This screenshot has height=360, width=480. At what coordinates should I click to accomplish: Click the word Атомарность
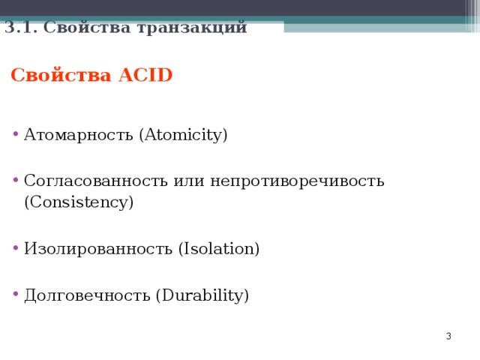(79, 136)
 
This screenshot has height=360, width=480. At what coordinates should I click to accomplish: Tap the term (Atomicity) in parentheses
(183, 136)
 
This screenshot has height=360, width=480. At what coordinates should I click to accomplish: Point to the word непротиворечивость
(297, 181)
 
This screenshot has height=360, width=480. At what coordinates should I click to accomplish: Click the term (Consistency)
(79, 202)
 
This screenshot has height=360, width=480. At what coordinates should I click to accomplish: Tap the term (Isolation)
(218, 249)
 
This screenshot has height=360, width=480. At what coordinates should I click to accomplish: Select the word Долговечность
(87, 295)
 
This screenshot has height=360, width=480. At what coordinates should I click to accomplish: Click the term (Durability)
(202, 295)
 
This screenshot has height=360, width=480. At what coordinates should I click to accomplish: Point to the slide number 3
(448, 337)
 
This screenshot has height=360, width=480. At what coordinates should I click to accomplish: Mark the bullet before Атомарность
(16, 136)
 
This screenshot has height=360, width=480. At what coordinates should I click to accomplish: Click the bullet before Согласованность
(16, 181)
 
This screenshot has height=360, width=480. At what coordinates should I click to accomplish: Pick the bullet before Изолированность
(16, 250)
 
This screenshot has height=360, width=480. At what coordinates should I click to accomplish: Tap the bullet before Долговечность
(16, 296)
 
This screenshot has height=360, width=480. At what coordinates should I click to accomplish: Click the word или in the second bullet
(189, 181)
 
